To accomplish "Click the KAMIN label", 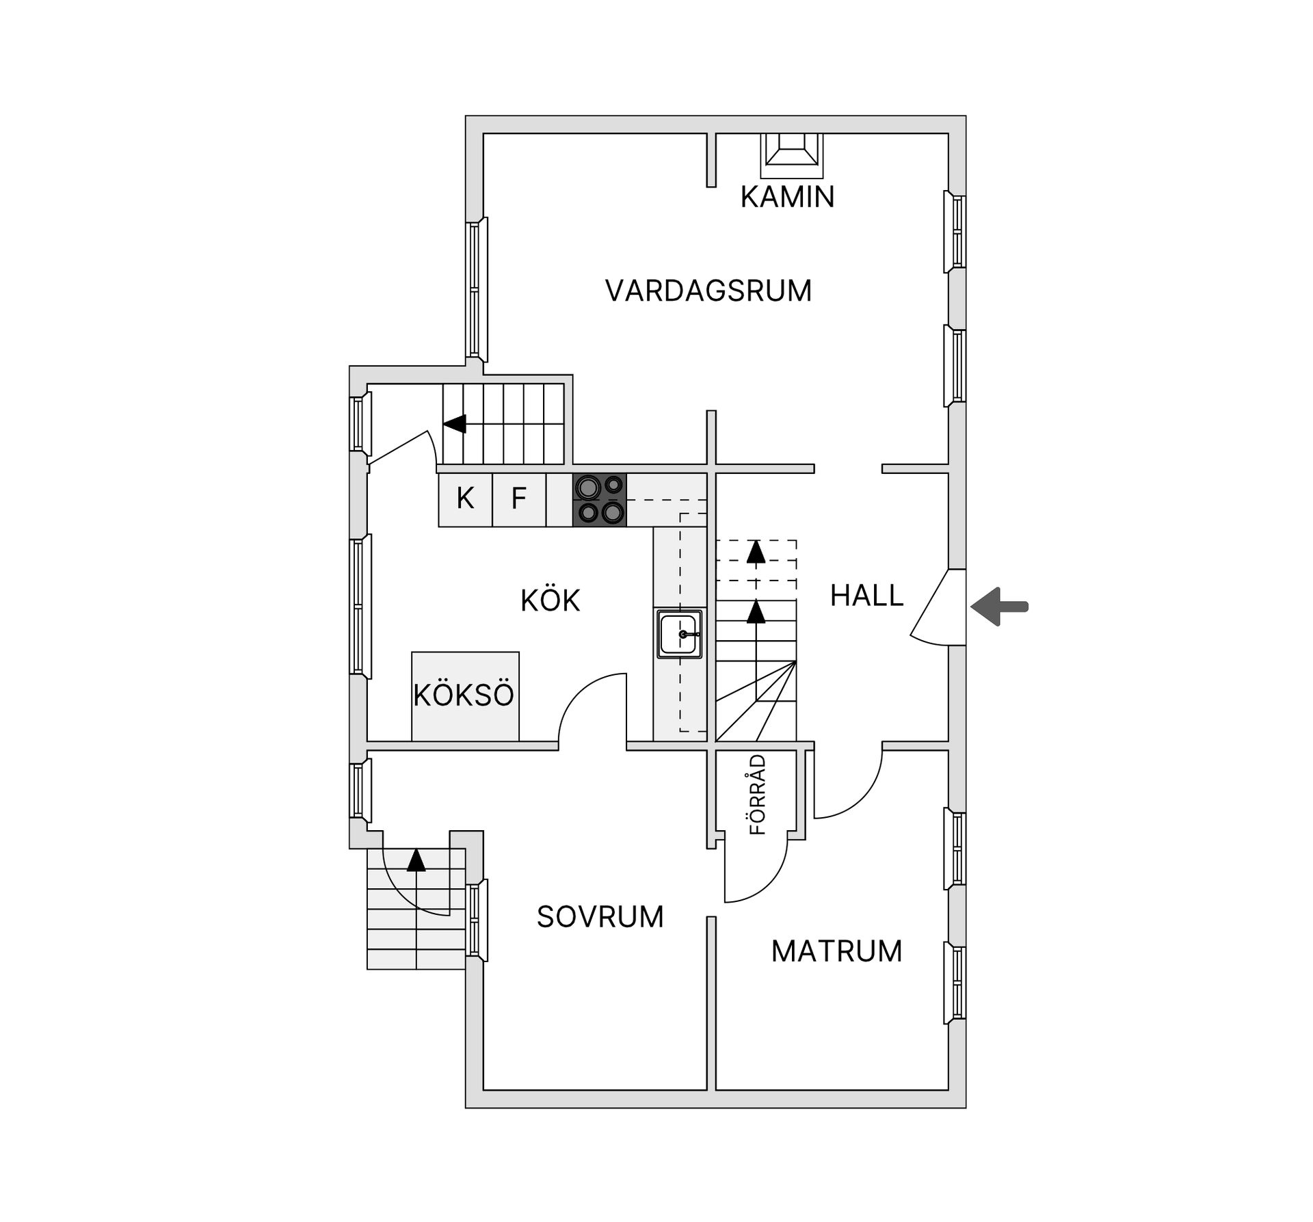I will tap(787, 197).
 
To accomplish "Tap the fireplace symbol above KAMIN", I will tap(791, 150).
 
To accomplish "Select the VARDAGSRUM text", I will tap(708, 291).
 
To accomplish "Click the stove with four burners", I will tap(600, 500).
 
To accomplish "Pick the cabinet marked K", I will tap(465, 499).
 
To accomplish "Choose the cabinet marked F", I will tap(519, 499).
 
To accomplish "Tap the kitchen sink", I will tap(680, 634).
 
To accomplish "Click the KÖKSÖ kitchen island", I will tap(465, 695).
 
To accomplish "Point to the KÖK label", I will tap(550, 600).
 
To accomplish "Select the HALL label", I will tap(866, 596).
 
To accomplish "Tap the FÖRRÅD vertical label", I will tap(758, 794).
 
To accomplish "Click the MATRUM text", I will tap(836, 951).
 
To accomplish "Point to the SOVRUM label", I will tap(600, 917).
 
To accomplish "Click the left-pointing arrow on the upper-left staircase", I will tap(455, 424).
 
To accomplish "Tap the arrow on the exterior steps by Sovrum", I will tap(416, 860).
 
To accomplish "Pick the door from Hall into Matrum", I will tap(848, 786).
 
